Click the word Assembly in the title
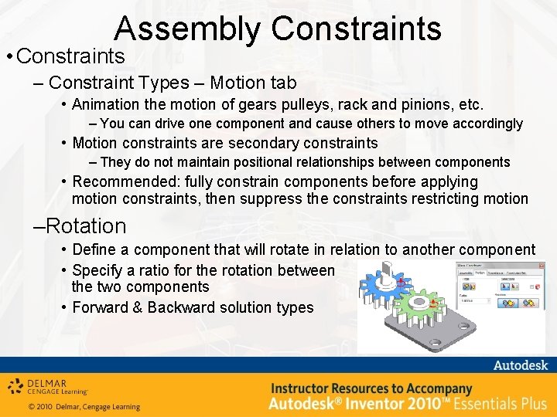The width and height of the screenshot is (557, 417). tap(188, 29)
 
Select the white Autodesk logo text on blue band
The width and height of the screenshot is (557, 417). tap(520, 365)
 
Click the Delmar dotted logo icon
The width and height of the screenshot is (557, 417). tap(15, 385)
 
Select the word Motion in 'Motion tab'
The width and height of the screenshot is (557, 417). tap(235, 83)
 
